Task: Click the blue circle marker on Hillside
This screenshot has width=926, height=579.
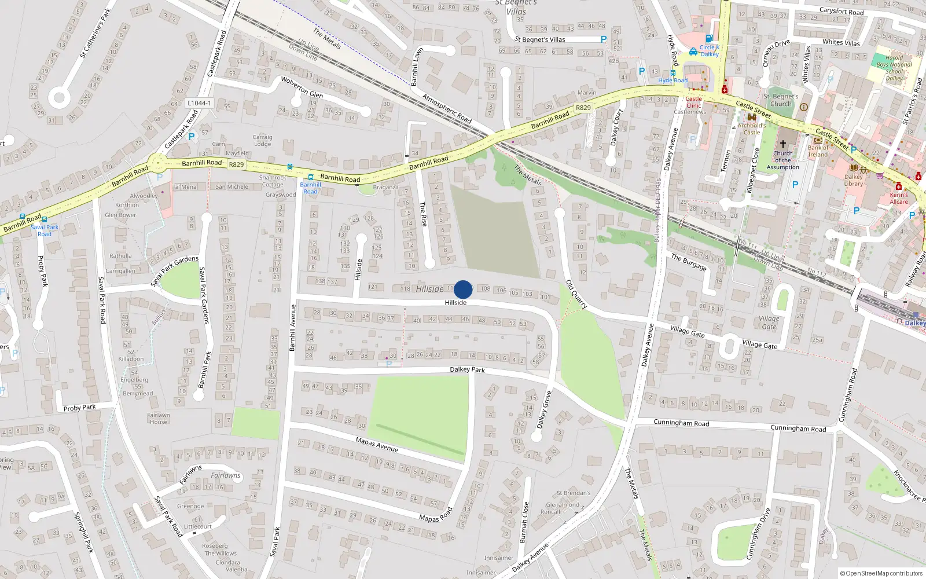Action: coord(463,289)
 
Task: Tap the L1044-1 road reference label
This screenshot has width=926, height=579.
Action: coord(199,103)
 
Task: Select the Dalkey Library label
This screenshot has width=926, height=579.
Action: coord(854,180)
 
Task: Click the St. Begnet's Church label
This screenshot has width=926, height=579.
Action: coord(781,100)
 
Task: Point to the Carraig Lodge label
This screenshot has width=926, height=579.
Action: coord(262,141)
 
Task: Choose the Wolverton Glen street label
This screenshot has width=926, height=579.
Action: coord(302,87)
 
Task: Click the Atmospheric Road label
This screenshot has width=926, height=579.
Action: coord(447,108)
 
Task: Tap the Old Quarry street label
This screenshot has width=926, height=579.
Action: coord(576,294)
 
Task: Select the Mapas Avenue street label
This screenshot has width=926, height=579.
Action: coord(377,444)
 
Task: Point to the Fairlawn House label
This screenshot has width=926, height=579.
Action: coord(158,418)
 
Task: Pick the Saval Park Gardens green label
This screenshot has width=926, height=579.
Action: coord(174,270)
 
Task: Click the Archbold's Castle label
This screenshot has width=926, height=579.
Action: coord(752,129)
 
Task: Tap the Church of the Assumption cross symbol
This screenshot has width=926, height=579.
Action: coord(783,144)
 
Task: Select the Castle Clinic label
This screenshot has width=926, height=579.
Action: coord(693,102)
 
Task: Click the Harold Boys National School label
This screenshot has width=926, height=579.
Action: coord(894,68)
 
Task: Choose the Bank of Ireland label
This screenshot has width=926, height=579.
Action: coord(818,151)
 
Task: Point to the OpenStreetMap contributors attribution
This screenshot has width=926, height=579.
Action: coord(881,573)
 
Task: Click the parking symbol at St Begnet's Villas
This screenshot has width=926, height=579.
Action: coord(604,39)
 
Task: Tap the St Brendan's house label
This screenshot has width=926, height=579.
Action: coord(574,493)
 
